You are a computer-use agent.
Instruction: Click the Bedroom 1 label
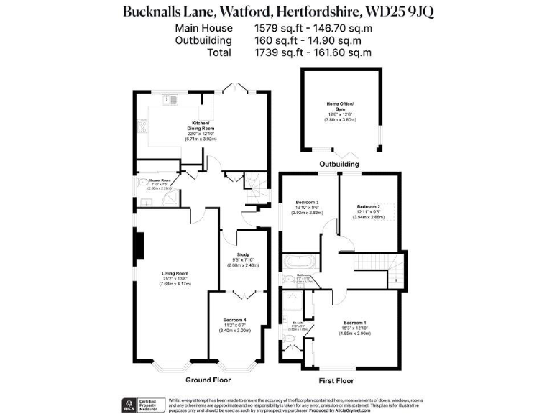tap(354, 322)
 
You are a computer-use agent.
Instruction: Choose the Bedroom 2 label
tap(369, 206)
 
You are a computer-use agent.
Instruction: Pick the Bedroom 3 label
tap(307, 203)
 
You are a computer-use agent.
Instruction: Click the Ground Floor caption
tap(208, 379)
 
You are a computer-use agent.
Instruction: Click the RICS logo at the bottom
tap(123, 403)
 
